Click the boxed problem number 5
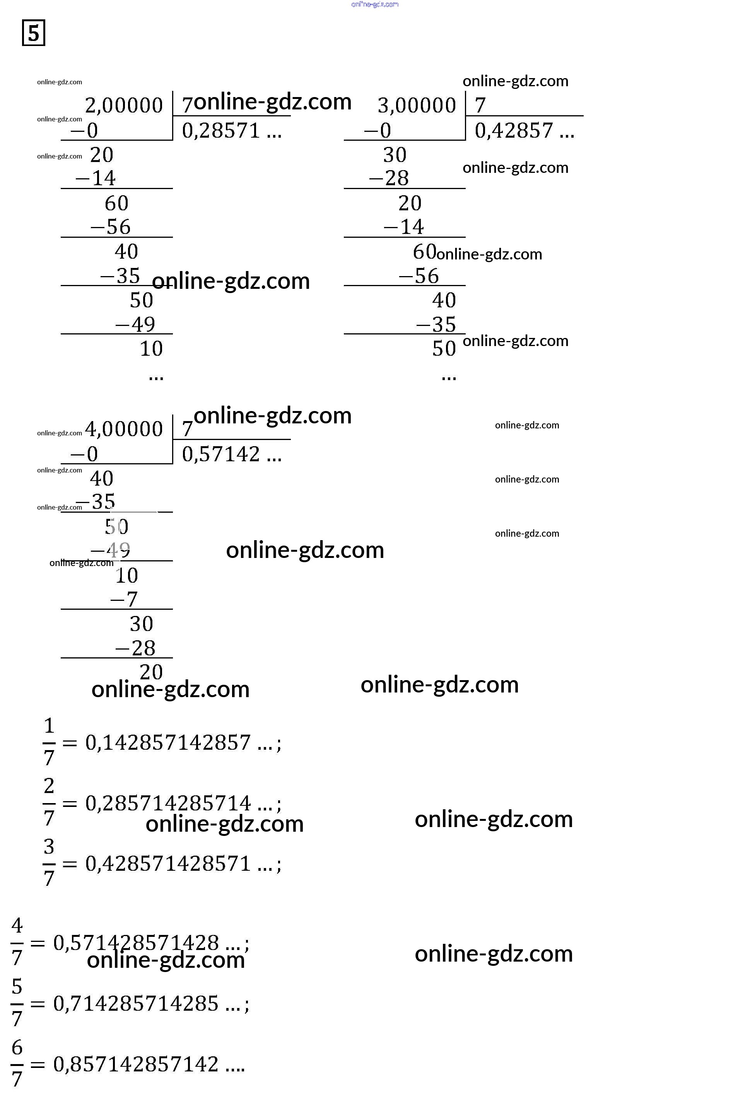point(34,33)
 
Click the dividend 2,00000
point(123,105)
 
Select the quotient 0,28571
point(221,131)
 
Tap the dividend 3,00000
point(417,105)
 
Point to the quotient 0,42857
point(514,131)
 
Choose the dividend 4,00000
point(123,429)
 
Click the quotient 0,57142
point(221,454)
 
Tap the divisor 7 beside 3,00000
point(480,105)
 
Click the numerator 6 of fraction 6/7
point(17,1047)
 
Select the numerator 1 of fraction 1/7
point(49,726)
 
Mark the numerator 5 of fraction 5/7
point(17,987)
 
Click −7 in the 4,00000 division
point(124,599)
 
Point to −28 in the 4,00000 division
point(136,648)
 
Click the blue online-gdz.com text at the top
point(375,4)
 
